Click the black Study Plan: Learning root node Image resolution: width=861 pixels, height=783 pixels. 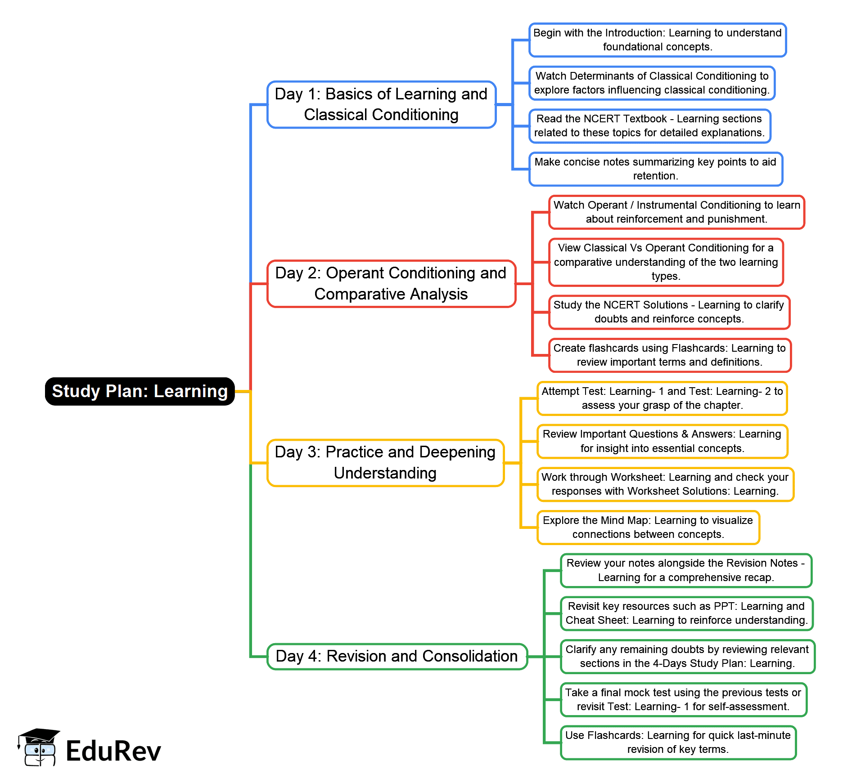[x=140, y=391]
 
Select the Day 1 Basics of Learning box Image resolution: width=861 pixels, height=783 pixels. [x=381, y=104]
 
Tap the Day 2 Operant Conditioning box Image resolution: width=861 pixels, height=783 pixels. [x=391, y=283]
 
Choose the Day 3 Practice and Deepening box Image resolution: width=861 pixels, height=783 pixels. [x=385, y=462]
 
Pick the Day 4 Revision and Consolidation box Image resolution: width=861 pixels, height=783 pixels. [x=397, y=656]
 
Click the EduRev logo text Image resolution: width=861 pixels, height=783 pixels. [x=113, y=751]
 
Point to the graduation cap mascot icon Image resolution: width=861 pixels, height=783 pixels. [x=38, y=747]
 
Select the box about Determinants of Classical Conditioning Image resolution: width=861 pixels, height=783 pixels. [x=652, y=83]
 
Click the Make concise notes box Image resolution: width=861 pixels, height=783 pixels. [x=655, y=169]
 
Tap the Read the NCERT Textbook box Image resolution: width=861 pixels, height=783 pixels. [x=649, y=126]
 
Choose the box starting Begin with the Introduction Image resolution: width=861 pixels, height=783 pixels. [x=657, y=40]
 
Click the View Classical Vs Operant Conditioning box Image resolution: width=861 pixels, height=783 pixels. [x=666, y=262]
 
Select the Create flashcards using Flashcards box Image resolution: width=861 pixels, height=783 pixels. [x=669, y=355]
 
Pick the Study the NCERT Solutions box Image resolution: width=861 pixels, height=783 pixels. [x=669, y=312]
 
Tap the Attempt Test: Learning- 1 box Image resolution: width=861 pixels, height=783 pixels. [x=662, y=398]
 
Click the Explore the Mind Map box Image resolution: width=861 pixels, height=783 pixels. [x=648, y=527]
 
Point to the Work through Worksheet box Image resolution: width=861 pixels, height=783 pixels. [x=665, y=484]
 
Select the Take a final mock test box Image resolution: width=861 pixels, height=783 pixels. [x=683, y=699]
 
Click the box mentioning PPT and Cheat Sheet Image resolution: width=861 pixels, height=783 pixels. [x=686, y=613]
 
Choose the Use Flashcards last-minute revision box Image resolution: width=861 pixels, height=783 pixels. [x=678, y=742]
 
